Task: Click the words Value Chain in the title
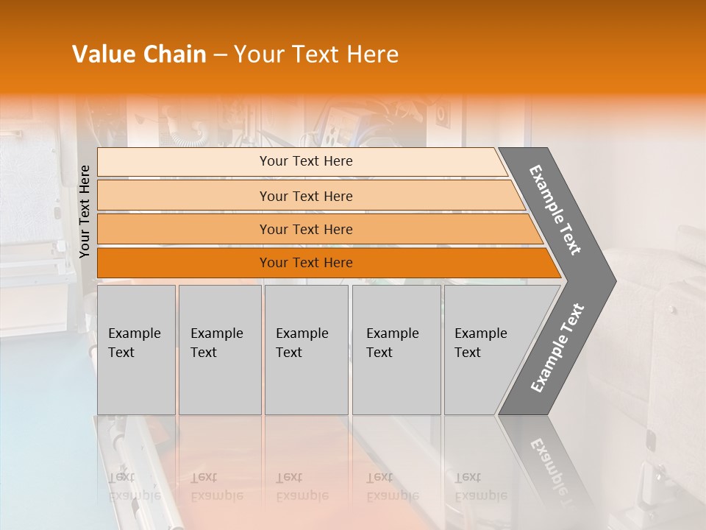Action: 139,54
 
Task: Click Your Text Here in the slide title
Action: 316,54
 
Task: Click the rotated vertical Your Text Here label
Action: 85,212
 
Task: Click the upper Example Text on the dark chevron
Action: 555,210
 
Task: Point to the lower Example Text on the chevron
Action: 557,348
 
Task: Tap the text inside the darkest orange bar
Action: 306,263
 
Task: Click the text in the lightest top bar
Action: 306,161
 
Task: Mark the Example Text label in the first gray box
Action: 134,342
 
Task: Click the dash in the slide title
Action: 220,55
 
